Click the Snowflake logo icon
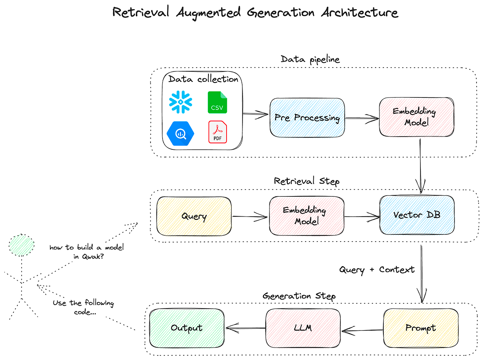[181, 102]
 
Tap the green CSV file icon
[217, 102]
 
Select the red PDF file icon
[217, 132]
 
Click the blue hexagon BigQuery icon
[180, 134]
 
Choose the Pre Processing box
[307, 118]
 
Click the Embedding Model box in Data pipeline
[416, 117]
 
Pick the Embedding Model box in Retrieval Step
[306, 216]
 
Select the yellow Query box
[194, 216]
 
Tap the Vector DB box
[417, 215]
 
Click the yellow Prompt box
[420, 328]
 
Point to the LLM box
[303, 328]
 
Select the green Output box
[187, 328]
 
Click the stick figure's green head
[21, 245]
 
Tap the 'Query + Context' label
[377, 270]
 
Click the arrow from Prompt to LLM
[361, 330]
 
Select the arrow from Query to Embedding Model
[250, 217]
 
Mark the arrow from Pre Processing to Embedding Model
[362, 118]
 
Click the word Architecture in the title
[360, 13]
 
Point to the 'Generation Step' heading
[299, 296]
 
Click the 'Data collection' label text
[203, 79]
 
